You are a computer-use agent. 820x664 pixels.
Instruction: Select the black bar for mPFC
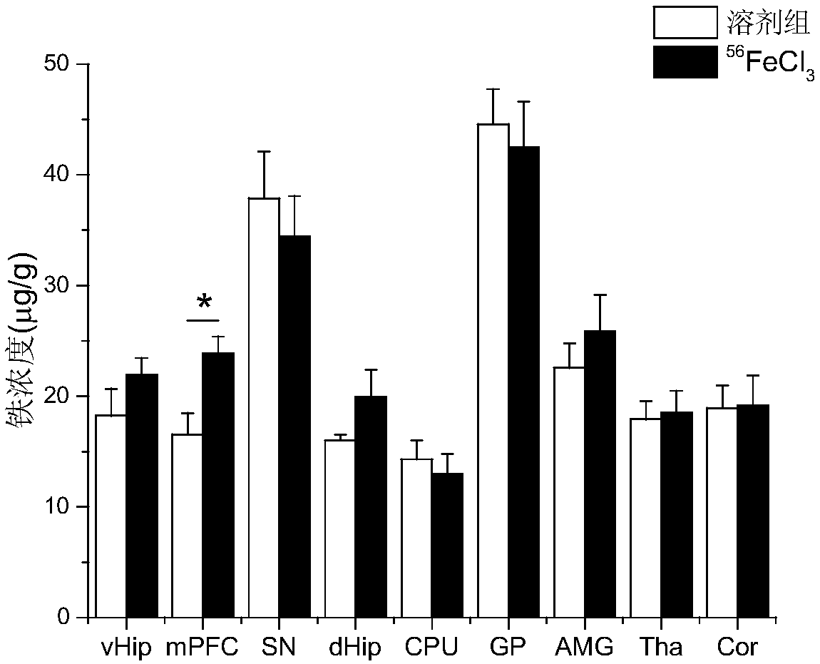[217, 485]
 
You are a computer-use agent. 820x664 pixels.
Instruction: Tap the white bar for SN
[263, 407]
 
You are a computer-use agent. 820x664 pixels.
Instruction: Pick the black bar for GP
[523, 382]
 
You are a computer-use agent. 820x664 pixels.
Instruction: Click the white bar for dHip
[339, 528]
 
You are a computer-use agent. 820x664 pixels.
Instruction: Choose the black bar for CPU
[447, 545]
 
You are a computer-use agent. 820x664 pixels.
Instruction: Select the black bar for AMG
[600, 474]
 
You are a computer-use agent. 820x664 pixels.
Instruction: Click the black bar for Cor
[753, 511]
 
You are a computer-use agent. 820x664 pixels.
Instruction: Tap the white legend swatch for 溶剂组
[685, 22]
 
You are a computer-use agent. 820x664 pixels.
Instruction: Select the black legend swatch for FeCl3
[685, 61]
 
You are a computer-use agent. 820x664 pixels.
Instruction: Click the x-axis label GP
[508, 648]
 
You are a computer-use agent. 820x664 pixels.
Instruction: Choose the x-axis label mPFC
[202, 648]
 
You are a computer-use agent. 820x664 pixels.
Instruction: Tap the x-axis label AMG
[584, 648]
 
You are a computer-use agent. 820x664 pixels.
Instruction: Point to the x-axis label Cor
[737, 648]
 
